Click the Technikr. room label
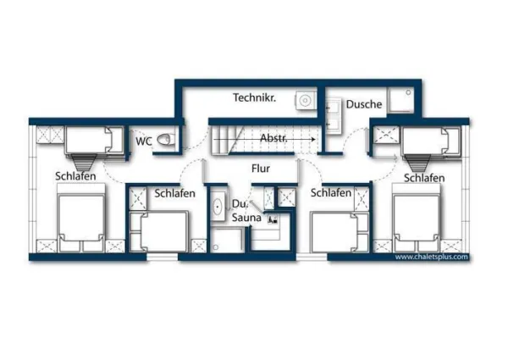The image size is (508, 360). (254, 97)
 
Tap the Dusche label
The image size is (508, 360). (364, 104)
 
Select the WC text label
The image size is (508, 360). (144, 141)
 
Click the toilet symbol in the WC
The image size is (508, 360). (164, 140)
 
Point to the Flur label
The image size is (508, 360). (261, 169)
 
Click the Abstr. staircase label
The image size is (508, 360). (273, 138)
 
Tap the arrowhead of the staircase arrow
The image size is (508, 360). (312, 139)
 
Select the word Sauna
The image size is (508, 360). (246, 218)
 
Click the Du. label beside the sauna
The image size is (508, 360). (240, 204)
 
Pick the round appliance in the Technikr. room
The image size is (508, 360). (305, 100)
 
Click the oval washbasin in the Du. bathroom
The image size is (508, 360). (218, 206)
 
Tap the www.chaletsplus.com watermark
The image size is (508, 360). (432, 257)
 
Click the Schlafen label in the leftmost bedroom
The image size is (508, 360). (75, 176)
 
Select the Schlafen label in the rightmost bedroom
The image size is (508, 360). (424, 178)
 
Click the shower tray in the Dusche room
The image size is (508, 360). (401, 100)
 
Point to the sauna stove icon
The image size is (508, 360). (272, 219)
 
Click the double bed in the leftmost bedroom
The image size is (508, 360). (81, 218)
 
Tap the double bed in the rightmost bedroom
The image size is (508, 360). (417, 218)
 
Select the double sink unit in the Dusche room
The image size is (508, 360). (334, 116)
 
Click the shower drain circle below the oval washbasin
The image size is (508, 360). (215, 247)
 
